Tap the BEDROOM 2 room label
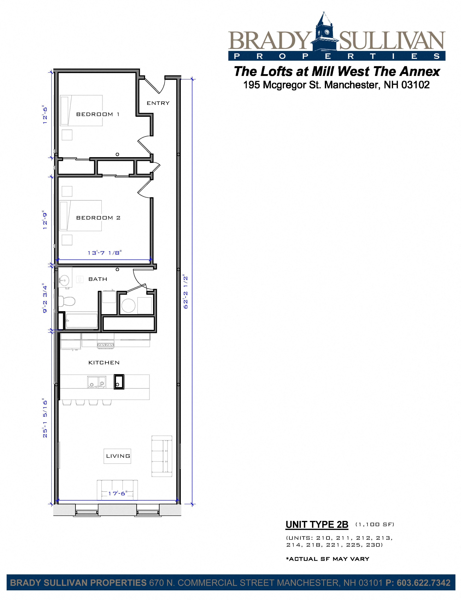tap(98, 218)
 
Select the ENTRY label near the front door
tap(158, 103)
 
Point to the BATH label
tap(98, 279)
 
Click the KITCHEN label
tap(104, 363)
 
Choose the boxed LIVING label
tap(118, 456)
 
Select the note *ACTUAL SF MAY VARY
tap(328, 559)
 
